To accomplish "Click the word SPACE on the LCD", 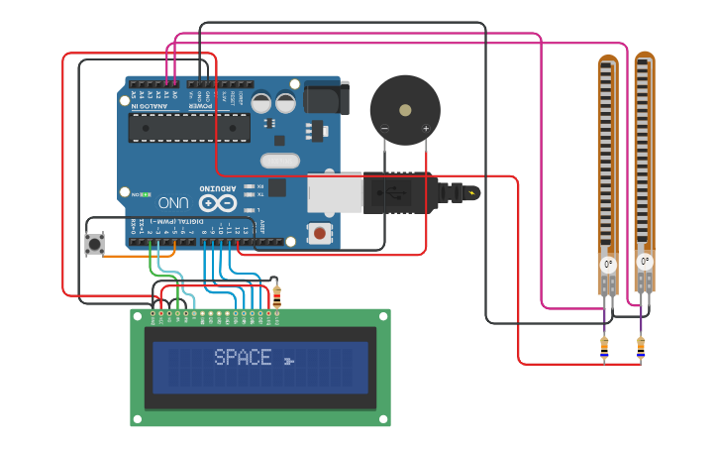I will point(243,358).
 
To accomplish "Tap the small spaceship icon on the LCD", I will point(288,360).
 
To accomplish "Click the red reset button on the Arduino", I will point(319,233).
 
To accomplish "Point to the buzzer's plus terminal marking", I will point(426,129).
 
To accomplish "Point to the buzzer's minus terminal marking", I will point(384,129).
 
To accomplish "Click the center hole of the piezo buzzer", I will point(405,110).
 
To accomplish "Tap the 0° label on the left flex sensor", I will point(608,265).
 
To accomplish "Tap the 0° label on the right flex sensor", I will point(645,262).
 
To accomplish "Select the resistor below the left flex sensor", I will point(605,348).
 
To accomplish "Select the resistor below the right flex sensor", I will point(641,348).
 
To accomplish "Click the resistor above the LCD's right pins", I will point(276,295).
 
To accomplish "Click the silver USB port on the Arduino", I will point(335,193).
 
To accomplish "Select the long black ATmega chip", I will point(189,127).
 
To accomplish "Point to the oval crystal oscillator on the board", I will point(279,161).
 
